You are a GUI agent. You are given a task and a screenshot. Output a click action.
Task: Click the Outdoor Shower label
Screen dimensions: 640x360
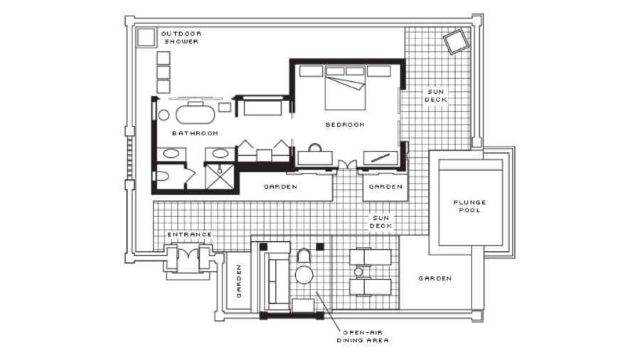pos(181,38)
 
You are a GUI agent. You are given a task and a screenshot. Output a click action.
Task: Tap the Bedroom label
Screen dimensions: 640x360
pos(345,125)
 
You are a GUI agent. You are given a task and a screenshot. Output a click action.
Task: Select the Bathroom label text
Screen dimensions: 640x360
pos(195,133)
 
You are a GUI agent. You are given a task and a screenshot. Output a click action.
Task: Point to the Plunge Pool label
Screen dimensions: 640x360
pos(470,206)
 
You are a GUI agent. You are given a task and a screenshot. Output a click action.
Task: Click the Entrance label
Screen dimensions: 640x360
pos(189,234)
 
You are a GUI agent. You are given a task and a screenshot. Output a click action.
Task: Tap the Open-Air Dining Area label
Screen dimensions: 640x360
pos(363,337)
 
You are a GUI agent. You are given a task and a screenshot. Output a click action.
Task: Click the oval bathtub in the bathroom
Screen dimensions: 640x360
pos(195,115)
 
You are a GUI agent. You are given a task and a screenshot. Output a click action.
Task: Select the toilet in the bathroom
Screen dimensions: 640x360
pos(162,176)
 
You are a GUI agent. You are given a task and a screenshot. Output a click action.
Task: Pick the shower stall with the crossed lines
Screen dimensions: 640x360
pos(220,176)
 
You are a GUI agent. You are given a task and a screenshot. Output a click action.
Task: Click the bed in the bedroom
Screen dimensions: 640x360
pos(345,88)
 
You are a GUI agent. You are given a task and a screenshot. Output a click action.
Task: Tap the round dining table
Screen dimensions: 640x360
pos(304,275)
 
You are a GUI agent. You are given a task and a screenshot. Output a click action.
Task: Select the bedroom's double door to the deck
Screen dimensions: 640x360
pos(347,164)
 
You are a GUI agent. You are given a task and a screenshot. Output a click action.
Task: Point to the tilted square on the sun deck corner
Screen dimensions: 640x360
pos(454,41)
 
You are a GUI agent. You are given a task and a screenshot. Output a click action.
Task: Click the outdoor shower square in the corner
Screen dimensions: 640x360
pos(146,38)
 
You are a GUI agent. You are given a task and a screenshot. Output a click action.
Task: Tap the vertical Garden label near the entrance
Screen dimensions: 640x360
pos(239,281)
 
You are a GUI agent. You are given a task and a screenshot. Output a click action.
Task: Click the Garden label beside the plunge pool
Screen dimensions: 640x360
pos(434,278)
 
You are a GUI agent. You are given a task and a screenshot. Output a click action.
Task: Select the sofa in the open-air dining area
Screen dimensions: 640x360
pos(277,282)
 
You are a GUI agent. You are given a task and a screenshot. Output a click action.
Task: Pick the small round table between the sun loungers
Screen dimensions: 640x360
pos(358,272)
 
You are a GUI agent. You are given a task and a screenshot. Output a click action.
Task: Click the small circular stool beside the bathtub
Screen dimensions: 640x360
pos(164,115)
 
